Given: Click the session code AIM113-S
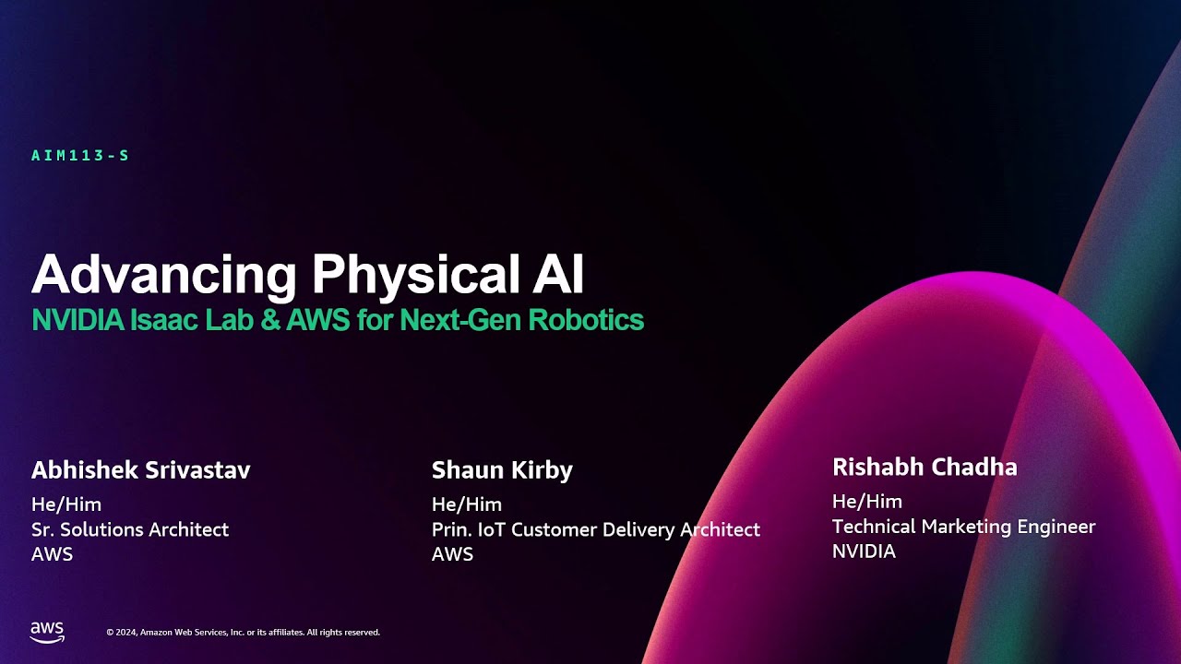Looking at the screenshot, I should tap(80, 156).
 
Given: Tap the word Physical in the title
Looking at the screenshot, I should tap(423, 274).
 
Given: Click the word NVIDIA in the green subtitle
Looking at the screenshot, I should tap(78, 320).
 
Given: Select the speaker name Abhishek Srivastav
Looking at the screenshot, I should tap(140, 470).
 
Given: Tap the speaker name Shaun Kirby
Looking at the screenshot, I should tap(502, 470).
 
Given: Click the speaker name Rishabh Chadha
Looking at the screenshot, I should tap(925, 468).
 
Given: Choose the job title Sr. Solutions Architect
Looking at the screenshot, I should tap(130, 529).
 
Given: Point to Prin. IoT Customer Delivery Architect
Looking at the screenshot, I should tap(596, 529).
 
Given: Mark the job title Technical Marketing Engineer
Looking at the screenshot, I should tap(963, 527).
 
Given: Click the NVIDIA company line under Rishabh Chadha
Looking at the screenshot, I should tap(864, 551).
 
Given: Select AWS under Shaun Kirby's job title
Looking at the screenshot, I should tap(452, 554).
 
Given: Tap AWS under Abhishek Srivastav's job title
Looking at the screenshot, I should tap(52, 554).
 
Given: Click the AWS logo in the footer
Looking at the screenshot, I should tap(47, 632).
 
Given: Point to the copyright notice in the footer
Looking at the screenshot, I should tap(243, 633).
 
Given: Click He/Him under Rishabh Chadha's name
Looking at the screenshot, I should tap(867, 502).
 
